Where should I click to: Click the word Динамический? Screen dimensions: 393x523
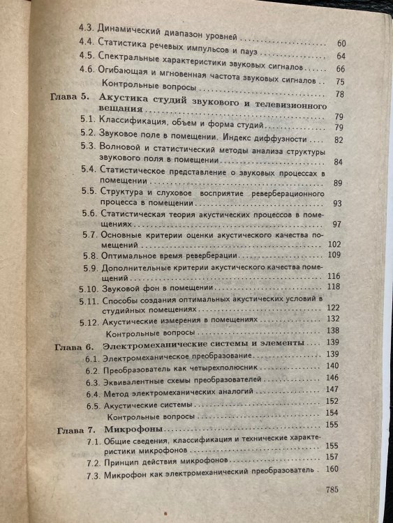[x=130, y=32]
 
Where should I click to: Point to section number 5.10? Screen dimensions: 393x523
[x=87, y=287]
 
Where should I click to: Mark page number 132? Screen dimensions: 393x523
[x=334, y=317]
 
